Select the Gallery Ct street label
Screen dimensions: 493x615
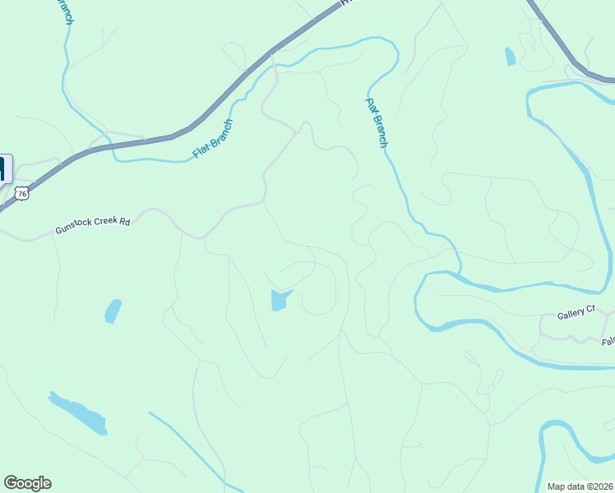576,312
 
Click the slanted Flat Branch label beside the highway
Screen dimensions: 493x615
212,139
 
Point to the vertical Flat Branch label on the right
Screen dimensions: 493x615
377,122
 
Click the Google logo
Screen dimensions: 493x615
27,483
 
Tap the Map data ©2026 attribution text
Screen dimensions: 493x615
580,486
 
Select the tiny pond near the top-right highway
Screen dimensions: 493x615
510,57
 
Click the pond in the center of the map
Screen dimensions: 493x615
280,300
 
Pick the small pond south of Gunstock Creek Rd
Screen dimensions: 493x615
113,311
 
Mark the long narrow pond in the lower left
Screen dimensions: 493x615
79,413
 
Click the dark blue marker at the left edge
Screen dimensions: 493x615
4,168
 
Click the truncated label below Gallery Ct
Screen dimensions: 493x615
608,341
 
